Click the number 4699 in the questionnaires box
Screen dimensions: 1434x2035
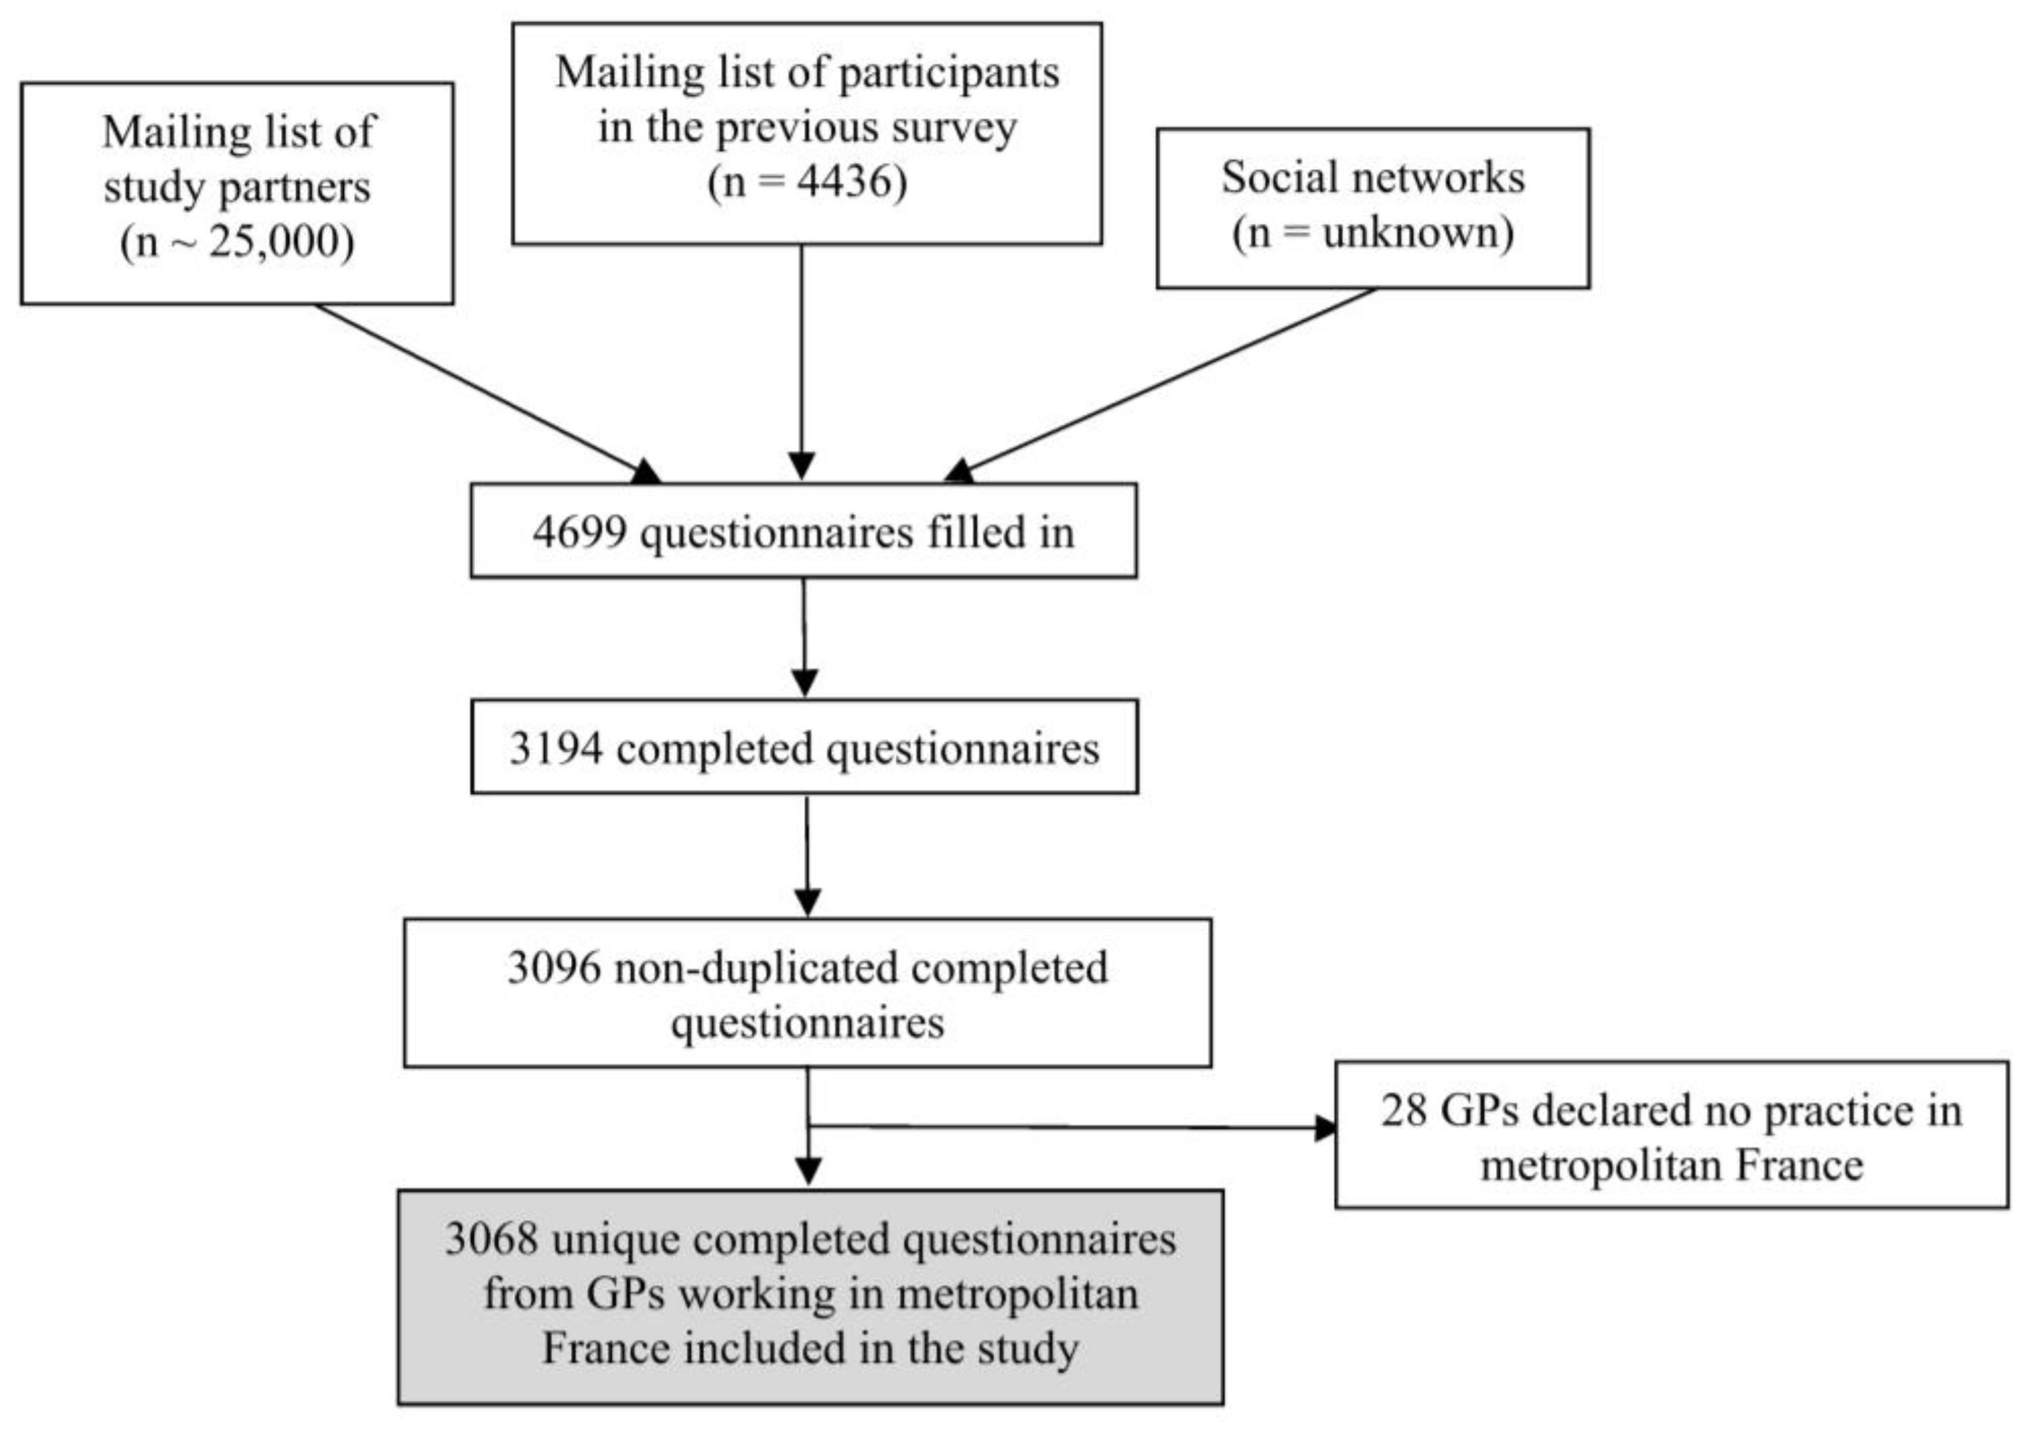click(580, 533)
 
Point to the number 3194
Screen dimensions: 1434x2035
click(556, 748)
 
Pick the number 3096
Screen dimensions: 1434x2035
click(554, 968)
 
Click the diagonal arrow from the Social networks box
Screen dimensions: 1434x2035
click(1161, 381)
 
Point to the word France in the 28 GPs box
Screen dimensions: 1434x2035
click(1799, 1166)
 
